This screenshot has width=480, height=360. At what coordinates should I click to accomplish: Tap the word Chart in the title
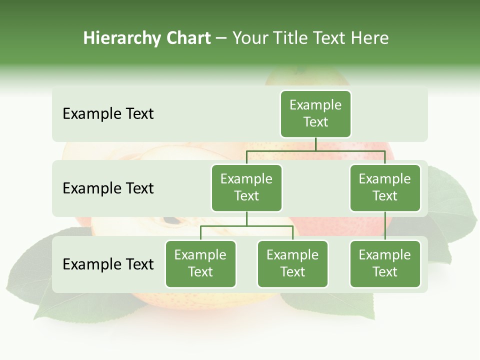[189, 38]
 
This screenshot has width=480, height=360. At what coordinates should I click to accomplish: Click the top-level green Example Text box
[315, 113]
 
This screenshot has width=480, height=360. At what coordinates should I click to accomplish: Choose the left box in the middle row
[246, 187]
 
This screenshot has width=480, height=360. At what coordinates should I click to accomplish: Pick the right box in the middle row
[385, 187]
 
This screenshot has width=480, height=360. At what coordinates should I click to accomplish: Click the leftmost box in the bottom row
[200, 263]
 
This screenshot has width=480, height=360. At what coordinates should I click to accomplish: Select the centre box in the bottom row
[292, 263]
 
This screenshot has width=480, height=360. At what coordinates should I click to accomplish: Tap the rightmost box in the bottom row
[385, 263]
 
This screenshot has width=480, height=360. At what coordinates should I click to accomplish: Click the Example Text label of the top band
[108, 113]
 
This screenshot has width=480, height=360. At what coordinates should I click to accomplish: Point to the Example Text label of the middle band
[108, 188]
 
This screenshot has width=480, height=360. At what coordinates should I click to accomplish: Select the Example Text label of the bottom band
[108, 264]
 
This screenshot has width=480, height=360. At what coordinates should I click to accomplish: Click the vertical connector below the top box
[315, 144]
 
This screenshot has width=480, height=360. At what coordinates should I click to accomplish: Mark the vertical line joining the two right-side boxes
[385, 226]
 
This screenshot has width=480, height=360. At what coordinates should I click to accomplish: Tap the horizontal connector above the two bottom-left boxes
[246, 226]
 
